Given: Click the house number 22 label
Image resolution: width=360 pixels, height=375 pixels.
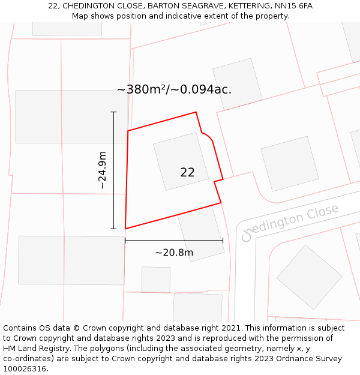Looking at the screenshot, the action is point(187,172).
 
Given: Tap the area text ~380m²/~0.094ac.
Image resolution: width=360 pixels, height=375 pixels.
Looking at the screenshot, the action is point(174,89).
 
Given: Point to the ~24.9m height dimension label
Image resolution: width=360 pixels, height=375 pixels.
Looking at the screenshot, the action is point(103,170).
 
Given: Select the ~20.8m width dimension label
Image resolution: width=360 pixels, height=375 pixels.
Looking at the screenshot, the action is point(174,253).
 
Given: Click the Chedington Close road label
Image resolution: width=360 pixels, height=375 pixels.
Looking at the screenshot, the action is point(290,221).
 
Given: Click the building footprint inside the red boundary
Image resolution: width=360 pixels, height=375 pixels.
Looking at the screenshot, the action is point(180,161).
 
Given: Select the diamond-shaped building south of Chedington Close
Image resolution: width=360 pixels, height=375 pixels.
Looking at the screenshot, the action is point(310,277).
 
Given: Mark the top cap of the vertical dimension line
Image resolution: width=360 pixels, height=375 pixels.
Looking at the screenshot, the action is point(113,112).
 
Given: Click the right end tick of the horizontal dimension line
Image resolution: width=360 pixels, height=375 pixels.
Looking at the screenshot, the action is point(223,241).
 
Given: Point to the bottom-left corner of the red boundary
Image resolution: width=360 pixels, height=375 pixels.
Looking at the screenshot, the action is point(125,229).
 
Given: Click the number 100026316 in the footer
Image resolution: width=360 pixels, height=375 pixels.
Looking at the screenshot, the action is point(25,369).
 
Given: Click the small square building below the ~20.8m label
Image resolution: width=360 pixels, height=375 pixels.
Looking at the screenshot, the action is point(156,280).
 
